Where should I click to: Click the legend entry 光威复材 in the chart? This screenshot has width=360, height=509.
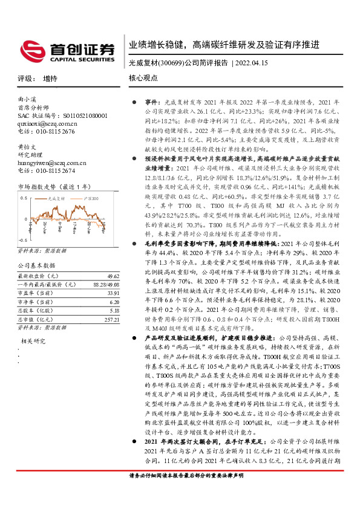point(56,198)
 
